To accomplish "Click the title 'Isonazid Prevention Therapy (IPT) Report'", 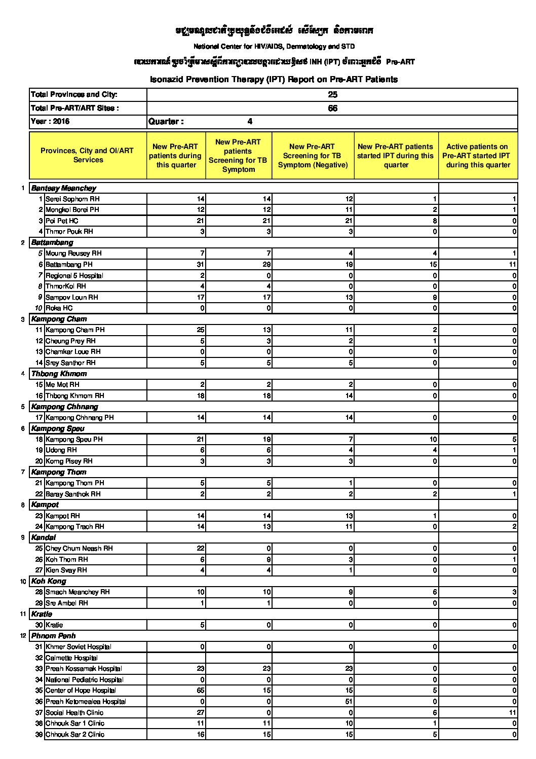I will click(x=274, y=80).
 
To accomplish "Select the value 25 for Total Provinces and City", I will click(x=332, y=95).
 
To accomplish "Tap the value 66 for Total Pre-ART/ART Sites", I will click(x=332, y=109).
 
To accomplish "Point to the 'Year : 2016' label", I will click(x=50, y=122).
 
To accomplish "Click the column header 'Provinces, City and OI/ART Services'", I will click(x=87, y=155).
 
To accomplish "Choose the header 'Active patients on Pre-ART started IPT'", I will click(x=478, y=156).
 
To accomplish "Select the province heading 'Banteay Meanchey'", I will click(x=64, y=188).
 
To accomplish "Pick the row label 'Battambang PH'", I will click(x=69, y=265).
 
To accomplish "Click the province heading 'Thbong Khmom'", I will click(x=59, y=374).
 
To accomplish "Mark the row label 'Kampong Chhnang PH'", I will click(x=80, y=418).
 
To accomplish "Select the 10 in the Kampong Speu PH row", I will click(x=433, y=440).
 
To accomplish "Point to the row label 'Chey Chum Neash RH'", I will click(x=79, y=549).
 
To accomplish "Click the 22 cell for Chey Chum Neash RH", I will click(x=201, y=549).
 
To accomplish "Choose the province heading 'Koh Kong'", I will click(x=49, y=581).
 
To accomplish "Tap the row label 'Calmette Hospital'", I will click(x=71, y=658).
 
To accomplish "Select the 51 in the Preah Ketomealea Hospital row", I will click(x=349, y=702).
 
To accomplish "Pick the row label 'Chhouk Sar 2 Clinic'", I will click(x=75, y=735).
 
